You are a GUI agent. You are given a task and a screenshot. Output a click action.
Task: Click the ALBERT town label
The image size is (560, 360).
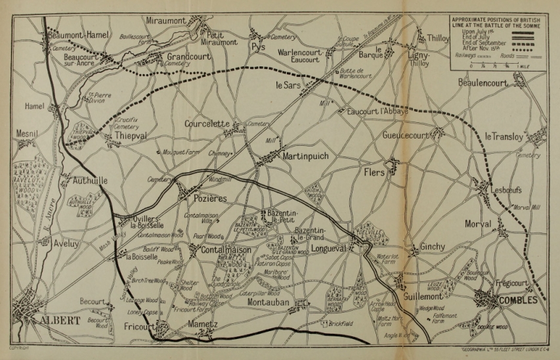coord(60,321)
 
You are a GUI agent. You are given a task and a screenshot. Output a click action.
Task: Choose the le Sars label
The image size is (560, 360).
coord(289,85)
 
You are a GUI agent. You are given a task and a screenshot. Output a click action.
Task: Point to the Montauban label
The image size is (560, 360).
coord(270,303)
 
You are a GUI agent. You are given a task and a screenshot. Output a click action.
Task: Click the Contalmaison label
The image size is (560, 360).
coord(225,250)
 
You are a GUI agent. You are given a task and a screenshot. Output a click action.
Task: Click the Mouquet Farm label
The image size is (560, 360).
coord(180,151)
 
